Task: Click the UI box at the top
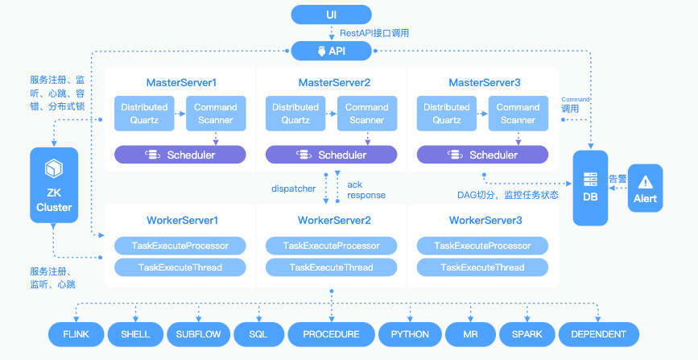(332, 14)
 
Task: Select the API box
(332, 52)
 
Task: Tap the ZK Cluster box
(53, 187)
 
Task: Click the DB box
(591, 187)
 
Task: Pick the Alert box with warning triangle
(645, 188)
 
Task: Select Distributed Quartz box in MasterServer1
(144, 114)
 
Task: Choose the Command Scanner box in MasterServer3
(518, 114)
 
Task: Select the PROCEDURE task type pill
(331, 334)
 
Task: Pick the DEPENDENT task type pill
(598, 334)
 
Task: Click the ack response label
(366, 190)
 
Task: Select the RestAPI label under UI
(374, 33)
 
